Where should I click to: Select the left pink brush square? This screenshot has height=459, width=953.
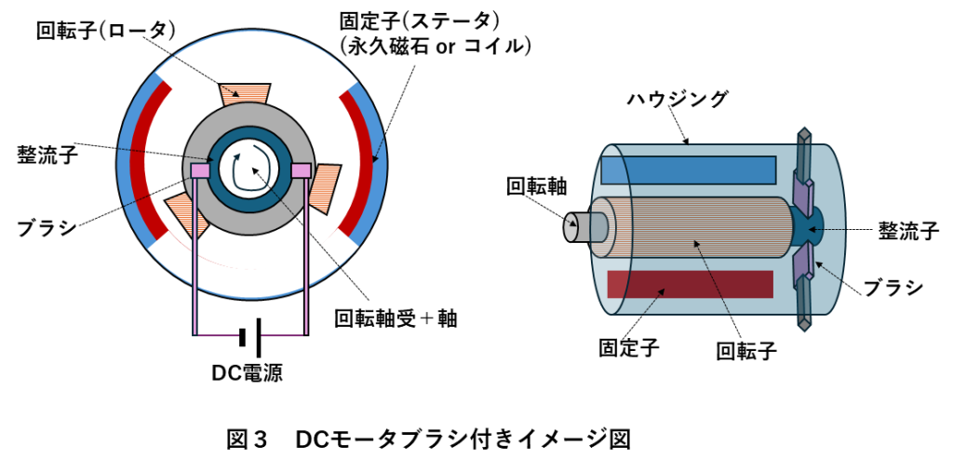tap(199, 170)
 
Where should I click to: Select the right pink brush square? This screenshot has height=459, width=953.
tap(300, 170)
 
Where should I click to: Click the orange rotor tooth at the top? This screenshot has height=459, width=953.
tap(244, 91)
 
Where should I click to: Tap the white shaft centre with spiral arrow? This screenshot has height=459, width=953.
tap(248, 169)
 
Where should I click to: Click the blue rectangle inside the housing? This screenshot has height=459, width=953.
tap(689, 169)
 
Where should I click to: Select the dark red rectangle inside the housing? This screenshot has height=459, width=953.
tap(690, 284)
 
